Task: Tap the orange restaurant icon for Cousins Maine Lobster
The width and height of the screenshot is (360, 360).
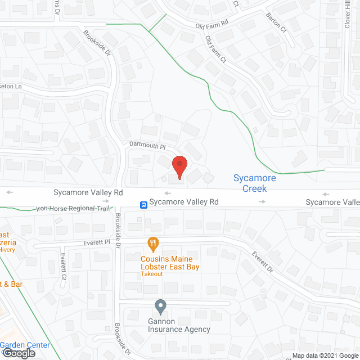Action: pyautogui.click(x=152, y=244)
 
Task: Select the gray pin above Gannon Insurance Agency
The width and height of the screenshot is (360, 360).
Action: pyautogui.click(x=160, y=307)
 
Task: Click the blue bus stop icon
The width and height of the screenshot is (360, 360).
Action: pyautogui.click(x=144, y=204)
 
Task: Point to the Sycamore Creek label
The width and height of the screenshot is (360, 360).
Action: pyautogui.click(x=254, y=183)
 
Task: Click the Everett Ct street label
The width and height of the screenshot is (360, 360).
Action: pyautogui.click(x=63, y=267)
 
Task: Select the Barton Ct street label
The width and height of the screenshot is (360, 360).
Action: pyautogui.click(x=277, y=23)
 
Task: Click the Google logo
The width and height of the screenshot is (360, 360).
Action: pyautogui.click(x=18, y=353)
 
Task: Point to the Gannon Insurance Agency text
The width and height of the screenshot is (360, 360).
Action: pyautogui.click(x=175, y=325)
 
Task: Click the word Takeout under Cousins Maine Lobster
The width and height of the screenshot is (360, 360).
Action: pyautogui.click(x=152, y=274)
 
